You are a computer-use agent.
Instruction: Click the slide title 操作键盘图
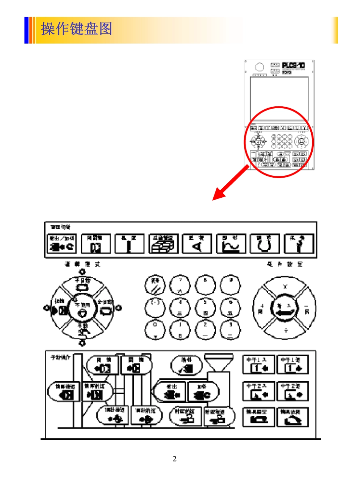pos(77,29)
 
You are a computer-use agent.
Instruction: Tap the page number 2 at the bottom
pos(175,459)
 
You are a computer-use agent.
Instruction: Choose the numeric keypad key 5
pos(205,308)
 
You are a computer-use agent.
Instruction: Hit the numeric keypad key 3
pos(231,330)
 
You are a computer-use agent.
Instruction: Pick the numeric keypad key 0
pos(155,330)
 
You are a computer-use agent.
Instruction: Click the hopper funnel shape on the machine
pos(217,363)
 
